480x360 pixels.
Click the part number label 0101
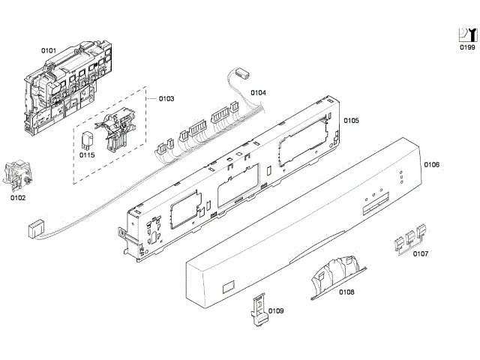pyautogui.click(x=49, y=50)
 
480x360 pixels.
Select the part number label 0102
pyautogui.click(x=17, y=198)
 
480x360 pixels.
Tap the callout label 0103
pyautogui.click(x=166, y=99)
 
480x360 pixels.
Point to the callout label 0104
pyautogui.click(x=258, y=93)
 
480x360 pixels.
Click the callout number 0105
pyautogui.click(x=352, y=120)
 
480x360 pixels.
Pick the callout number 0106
pyautogui.click(x=432, y=164)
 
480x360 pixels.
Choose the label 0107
pyautogui.click(x=421, y=253)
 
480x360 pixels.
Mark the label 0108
pyautogui.click(x=346, y=292)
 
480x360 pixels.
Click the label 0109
pyautogui.click(x=276, y=310)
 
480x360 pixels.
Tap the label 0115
pyautogui.click(x=87, y=155)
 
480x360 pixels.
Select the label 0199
pyautogui.click(x=467, y=47)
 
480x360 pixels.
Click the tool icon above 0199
pyautogui.click(x=467, y=34)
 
